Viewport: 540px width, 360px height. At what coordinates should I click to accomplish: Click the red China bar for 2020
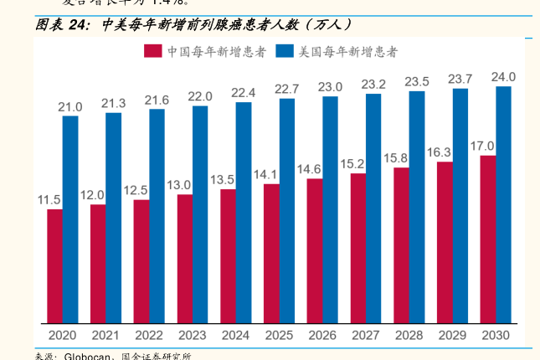(x=54, y=266)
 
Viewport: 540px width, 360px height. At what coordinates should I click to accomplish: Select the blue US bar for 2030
(x=503, y=205)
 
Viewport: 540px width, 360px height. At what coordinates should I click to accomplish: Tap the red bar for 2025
(x=271, y=254)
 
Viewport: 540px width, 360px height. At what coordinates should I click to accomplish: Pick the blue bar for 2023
(x=199, y=214)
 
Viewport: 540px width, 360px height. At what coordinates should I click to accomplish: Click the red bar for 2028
(x=401, y=245)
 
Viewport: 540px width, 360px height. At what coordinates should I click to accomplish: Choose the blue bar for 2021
(x=113, y=218)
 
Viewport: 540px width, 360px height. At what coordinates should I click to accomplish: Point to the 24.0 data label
(x=503, y=77)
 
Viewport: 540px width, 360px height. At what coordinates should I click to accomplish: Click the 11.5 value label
(x=49, y=200)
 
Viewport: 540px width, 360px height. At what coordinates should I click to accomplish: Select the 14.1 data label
(x=265, y=174)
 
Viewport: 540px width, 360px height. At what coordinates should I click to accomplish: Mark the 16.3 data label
(x=439, y=152)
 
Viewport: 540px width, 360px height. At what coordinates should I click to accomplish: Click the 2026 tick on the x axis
(x=322, y=335)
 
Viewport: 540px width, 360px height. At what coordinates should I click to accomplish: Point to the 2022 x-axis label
(x=149, y=335)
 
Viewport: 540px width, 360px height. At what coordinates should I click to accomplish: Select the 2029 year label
(x=452, y=335)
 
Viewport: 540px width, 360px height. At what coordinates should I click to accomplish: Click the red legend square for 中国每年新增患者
(x=152, y=52)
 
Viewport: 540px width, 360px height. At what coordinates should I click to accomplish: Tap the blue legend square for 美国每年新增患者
(x=284, y=52)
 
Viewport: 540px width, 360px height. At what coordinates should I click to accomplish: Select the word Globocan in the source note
(x=88, y=356)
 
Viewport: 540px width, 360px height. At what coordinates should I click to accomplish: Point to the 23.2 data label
(x=373, y=85)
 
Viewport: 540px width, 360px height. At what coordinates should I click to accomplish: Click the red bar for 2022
(x=141, y=261)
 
